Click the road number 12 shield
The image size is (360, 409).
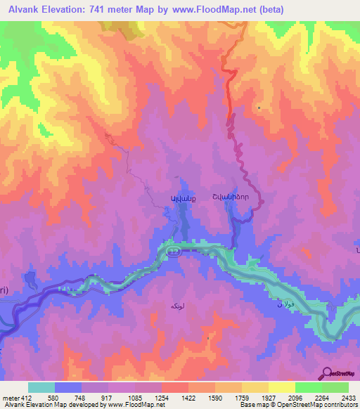click(x=173, y=251)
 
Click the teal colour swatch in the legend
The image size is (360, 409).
click(x=41, y=387)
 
